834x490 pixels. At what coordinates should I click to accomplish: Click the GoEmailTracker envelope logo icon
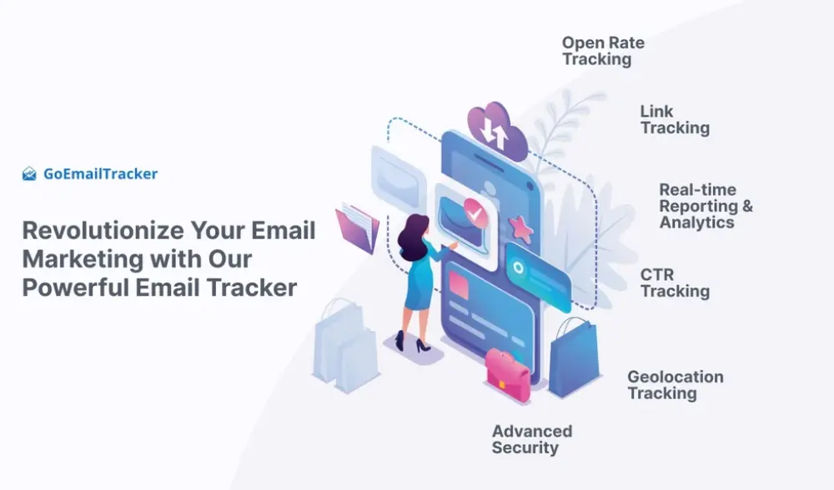(x=29, y=174)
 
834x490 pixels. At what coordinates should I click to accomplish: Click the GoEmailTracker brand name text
(x=101, y=174)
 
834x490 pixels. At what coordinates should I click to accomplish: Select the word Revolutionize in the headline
(x=103, y=231)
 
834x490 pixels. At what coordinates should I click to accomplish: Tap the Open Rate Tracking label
(x=603, y=51)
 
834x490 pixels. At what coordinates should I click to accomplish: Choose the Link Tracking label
(x=675, y=119)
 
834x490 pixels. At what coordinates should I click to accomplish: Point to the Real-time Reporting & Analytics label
(x=706, y=206)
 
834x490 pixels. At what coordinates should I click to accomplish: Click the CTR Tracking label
(x=675, y=282)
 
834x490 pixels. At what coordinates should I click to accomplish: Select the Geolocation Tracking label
(x=676, y=385)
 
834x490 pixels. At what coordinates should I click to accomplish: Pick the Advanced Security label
(x=532, y=439)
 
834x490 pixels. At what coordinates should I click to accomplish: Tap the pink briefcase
(x=507, y=374)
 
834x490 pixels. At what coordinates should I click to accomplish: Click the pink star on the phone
(x=520, y=229)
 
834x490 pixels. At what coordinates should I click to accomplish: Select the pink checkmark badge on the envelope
(x=475, y=213)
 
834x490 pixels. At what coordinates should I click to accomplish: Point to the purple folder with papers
(x=357, y=228)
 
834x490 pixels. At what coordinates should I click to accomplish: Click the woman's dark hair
(x=413, y=237)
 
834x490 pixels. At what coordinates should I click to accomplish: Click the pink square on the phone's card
(x=459, y=284)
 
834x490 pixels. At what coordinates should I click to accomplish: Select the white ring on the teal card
(x=518, y=268)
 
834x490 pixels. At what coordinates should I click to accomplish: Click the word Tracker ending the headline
(x=252, y=287)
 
